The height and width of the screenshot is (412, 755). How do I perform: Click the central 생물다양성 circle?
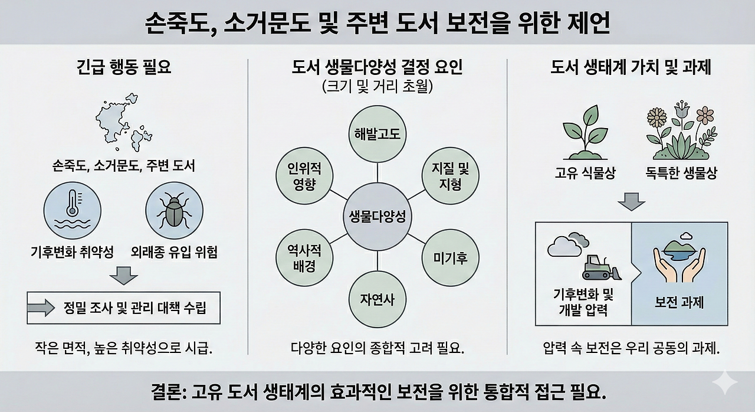pos(377,216)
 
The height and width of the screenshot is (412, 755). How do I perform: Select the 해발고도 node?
pos(377,134)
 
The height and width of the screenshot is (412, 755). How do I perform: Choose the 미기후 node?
pos(451,257)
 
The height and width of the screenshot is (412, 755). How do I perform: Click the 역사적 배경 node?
pos(304,258)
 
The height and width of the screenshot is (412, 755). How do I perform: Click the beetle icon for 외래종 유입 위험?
pos(174,210)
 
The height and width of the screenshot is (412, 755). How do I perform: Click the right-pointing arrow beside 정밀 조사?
pos(41,308)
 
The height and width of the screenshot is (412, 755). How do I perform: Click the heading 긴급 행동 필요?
pos(124,67)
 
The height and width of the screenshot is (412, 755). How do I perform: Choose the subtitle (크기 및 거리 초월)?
pos(377,87)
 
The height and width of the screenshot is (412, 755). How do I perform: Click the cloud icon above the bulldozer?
pos(567,243)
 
